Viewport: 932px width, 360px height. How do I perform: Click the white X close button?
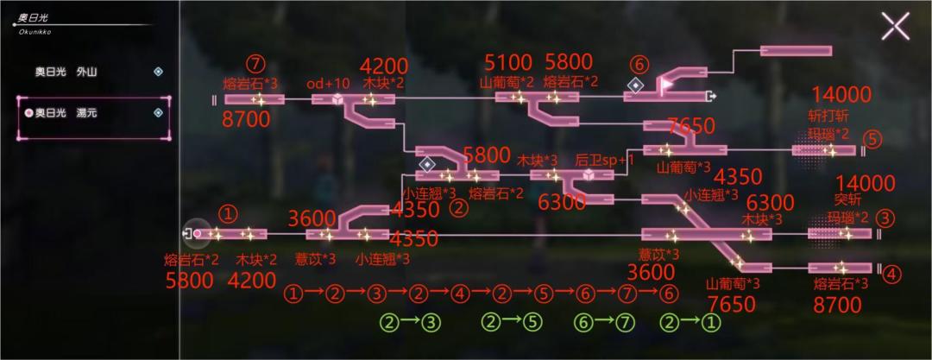tap(895, 27)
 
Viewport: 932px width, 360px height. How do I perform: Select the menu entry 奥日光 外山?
tap(66, 72)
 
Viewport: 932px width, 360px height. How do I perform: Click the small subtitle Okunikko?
tap(35, 32)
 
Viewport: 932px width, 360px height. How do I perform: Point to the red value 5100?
tap(508, 62)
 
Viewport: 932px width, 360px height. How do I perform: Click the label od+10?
tap(324, 83)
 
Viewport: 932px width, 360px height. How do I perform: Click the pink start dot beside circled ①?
tap(197, 234)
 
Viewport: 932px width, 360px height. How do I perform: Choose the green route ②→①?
tap(691, 323)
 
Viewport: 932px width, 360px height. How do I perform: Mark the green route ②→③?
tap(411, 323)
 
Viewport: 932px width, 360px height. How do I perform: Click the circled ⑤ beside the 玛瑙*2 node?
tap(872, 138)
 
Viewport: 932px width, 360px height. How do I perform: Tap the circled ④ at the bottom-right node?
tap(890, 275)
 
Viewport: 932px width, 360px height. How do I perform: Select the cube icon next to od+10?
tap(337, 99)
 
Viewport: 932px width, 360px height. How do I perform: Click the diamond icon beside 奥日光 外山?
tap(158, 72)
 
